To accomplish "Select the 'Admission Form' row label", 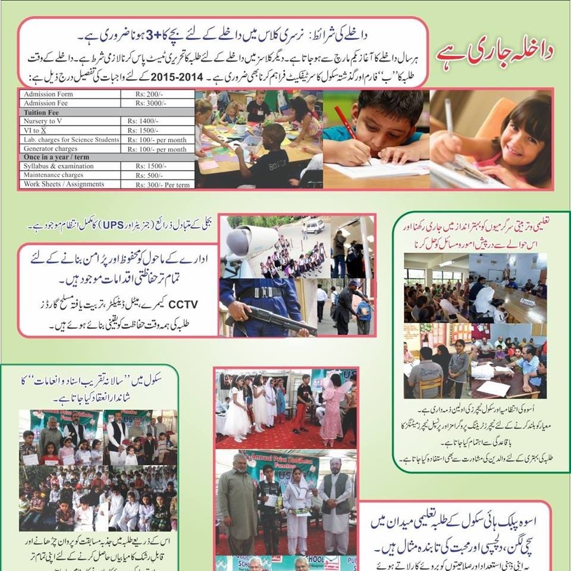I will (x=48, y=95).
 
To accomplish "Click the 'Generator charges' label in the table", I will (x=51, y=148).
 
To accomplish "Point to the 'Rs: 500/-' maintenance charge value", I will (x=146, y=175).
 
